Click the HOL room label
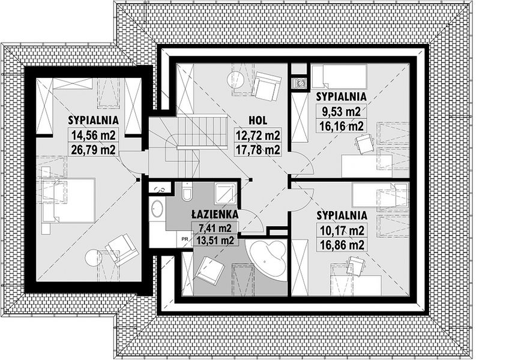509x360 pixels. coord(258,121)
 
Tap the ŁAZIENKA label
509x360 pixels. coord(215,214)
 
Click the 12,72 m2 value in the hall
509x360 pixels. coord(258,135)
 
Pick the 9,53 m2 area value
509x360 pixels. coord(341,112)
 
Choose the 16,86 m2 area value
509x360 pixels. coord(342,245)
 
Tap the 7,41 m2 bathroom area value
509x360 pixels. coord(215,228)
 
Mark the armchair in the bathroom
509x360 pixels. coord(210,268)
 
